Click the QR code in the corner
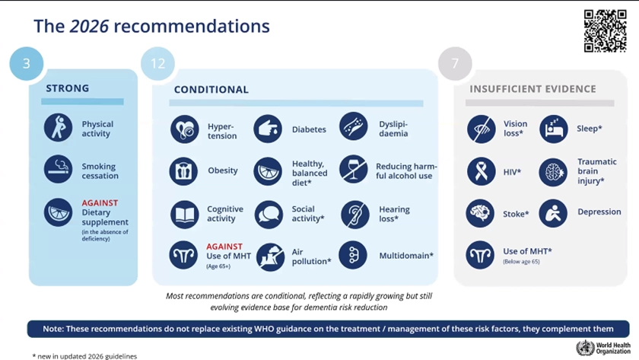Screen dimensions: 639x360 click(605, 31)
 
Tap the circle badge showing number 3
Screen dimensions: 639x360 click(27, 64)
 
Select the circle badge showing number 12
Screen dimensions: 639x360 click(157, 64)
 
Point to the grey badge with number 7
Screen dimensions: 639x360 click(455, 64)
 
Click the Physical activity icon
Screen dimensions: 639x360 click(59, 128)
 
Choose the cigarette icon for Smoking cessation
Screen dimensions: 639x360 click(59, 169)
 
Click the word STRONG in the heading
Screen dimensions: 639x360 click(67, 88)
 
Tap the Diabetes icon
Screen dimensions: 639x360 click(268, 129)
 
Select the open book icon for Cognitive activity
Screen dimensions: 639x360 click(185, 215)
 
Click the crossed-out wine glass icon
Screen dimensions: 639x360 click(353, 169)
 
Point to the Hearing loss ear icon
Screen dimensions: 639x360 click(355, 215)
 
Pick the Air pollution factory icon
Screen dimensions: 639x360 click(270, 256)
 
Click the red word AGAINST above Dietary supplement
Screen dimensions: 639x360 click(100, 202)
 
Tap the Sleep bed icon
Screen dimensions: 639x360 click(554, 129)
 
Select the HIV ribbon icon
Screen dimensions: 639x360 click(482, 171)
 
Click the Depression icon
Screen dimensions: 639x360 click(553, 213)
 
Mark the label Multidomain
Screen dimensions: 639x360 click(406, 256)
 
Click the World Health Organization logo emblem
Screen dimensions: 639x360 click(585, 348)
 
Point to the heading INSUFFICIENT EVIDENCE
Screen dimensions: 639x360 click(532, 89)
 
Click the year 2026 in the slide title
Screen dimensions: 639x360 click(89, 26)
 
